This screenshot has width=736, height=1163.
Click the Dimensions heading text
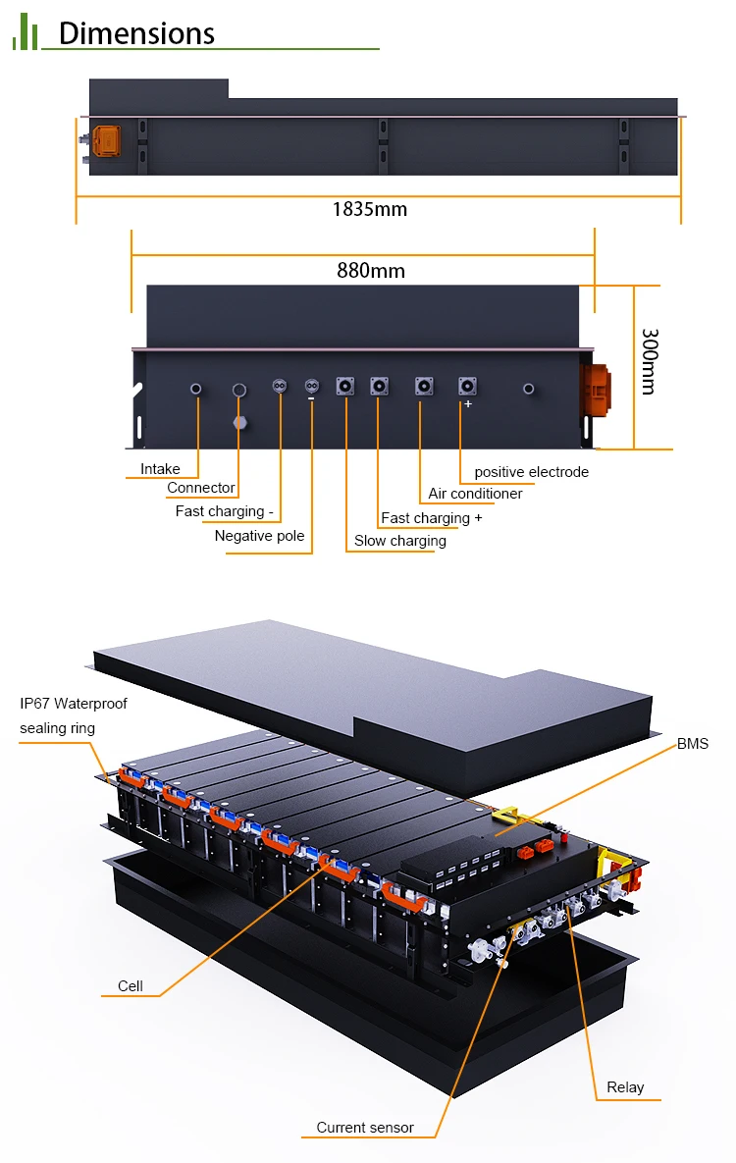pyautogui.click(x=136, y=33)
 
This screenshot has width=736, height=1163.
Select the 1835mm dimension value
pyautogui.click(x=369, y=209)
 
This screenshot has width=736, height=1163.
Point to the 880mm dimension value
pyautogui.click(x=370, y=271)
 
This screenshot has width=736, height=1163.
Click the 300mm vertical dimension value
pyautogui.click(x=648, y=361)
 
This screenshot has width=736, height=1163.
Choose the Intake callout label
pyautogui.click(x=160, y=469)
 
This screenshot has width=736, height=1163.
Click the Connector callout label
pyautogui.click(x=200, y=488)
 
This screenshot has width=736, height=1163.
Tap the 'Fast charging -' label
pyautogui.click(x=224, y=511)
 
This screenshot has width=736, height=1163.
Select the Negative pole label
pyautogui.click(x=259, y=536)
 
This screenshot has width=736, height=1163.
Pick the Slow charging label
pyautogui.click(x=399, y=541)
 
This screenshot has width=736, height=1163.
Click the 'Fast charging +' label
pyautogui.click(x=431, y=518)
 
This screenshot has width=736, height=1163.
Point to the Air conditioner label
pyautogui.click(x=475, y=494)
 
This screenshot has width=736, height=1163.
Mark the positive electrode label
pyautogui.click(x=531, y=472)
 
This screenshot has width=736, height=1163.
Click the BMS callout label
pyautogui.click(x=692, y=744)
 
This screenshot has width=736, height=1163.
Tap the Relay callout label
pyautogui.click(x=625, y=1087)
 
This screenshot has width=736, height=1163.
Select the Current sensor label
pyautogui.click(x=364, y=1128)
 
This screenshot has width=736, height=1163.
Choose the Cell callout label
pyautogui.click(x=130, y=986)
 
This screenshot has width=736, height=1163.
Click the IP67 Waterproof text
pyautogui.click(x=74, y=704)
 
